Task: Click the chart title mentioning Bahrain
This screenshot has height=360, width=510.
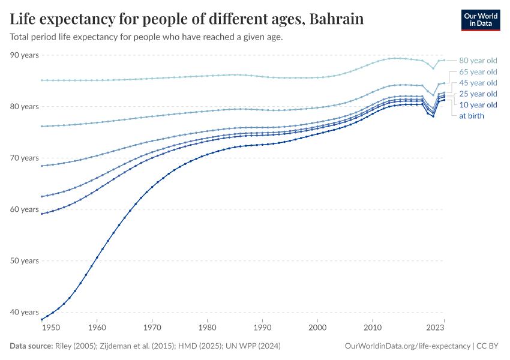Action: click(x=187, y=19)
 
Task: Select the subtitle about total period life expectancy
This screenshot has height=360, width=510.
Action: click(x=146, y=37)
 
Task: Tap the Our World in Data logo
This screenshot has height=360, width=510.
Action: click(x=480, y=20)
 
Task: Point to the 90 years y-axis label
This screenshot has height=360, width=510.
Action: click(x=24, y=55)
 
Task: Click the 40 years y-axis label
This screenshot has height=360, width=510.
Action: click(x=24, y=312)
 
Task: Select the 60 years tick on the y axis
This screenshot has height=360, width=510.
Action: click(x=24, y=209)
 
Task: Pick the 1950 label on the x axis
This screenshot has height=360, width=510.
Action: click(x=51, y=328)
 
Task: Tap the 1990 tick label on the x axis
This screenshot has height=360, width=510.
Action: click(x=262, y=328)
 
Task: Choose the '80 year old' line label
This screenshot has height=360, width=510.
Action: click(x=478, y=61)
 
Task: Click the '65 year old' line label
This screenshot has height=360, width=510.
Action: click(x=478, y=72)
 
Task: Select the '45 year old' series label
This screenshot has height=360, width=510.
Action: click(x=478, y=83)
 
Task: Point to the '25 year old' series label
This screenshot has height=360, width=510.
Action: click(x=478, y=94)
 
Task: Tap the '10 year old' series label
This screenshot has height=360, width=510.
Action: click(x=478, y=105)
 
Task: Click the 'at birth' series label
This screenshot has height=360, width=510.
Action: click(x=472, y=116)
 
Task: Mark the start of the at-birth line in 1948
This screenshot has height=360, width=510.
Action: click(x=41, y=319)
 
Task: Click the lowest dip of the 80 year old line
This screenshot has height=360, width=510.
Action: click(x=433, y=68)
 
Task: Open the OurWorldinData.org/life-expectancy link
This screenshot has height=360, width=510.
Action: click(x=408, y=346)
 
